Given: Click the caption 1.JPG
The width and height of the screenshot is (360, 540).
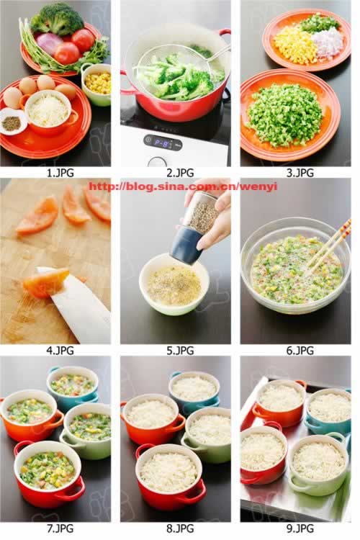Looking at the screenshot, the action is pyautogui.click(x=60, y=173).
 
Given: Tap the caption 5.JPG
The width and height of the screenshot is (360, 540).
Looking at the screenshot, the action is pyautogui.click(x=180, y=351).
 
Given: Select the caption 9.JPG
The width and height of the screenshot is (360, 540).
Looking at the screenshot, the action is pyautogui.click(x=300, y=528).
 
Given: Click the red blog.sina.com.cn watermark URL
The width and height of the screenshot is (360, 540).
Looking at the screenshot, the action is pyautogui.click(x=183, y=186).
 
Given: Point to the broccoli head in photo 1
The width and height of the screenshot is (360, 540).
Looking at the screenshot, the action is pyautogui.click(x=58, y=19).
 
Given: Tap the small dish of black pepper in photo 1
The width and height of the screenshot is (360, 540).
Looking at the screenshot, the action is pyautogui.click(x=12, y=122).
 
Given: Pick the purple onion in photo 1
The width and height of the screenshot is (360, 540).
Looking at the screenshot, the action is pyautogui.click(x=50, y=43).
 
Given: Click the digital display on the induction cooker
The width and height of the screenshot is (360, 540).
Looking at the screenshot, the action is pyautogui.click(x=163, y=142).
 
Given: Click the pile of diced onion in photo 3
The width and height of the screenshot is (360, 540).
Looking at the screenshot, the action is pyautogui.click(x=328, y=42).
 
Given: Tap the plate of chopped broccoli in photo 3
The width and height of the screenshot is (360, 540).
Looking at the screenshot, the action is pyautogui.click(x=289, y=114).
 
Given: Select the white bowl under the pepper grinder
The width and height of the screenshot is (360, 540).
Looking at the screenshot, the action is pyautogui.click(x=174, y=284).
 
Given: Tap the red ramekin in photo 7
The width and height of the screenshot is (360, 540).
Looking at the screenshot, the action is pyautogui.click(x=48, y=474).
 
